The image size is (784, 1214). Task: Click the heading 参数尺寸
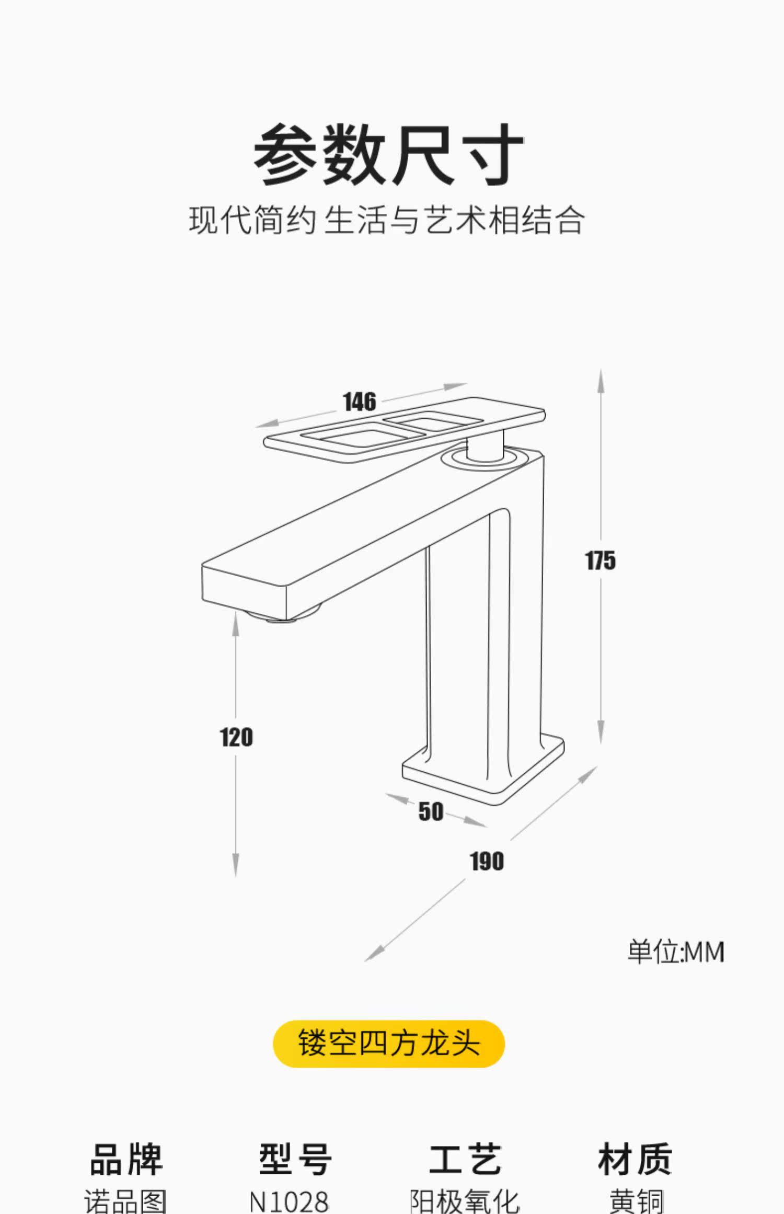(388, 155)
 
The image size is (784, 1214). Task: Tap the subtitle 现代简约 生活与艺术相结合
(387, 220)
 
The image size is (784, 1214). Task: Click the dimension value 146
(360, 402)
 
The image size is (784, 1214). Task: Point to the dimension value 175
(601, 561)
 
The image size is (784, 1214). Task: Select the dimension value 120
(236, 738)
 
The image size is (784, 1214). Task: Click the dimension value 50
(431, 812)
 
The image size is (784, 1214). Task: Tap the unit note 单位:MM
(676, 952)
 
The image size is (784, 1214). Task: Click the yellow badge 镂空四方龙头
(389, 1044)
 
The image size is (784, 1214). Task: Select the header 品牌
(126, 1160)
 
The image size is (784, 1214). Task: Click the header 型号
(295, 1160)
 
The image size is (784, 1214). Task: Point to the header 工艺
(465, 1160)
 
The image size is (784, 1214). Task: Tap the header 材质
(635, 1160)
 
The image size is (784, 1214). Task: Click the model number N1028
(289, 1201)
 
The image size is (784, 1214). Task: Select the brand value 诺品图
(126, 1201)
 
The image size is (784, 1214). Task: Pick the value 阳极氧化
(465, 1201)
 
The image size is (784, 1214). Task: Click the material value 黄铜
(636, 1201)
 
